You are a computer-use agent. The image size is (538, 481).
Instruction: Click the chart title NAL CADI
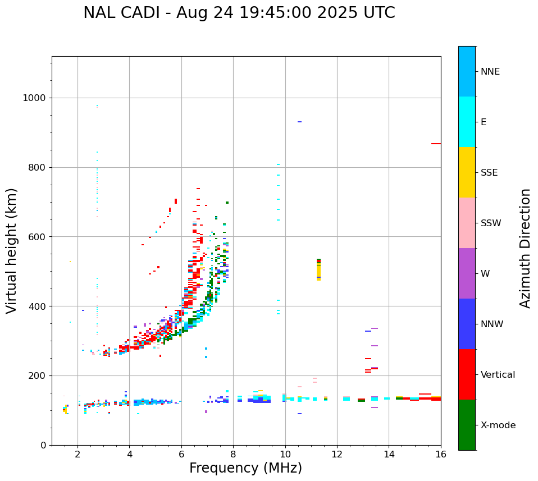pos(239,13)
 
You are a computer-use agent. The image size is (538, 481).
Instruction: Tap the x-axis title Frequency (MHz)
pos(245,468)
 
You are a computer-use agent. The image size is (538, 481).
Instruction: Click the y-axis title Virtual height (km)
pos(12,250)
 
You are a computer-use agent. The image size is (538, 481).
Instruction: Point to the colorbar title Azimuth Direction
pos(525,248)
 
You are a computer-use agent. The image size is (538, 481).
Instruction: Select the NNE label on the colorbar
pos(490,72)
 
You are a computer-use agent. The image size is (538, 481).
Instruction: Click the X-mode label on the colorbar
pos(498,425)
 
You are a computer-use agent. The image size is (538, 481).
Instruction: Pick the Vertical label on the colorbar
pos(498,375)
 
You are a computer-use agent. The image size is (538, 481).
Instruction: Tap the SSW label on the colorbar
pos(491,223)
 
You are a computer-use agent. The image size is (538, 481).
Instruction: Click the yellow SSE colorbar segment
pos(467,172)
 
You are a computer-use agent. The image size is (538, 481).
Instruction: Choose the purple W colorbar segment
pos(467,273)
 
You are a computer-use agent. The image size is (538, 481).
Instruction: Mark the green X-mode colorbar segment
pos(467,425)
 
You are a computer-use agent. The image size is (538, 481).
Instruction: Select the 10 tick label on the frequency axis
pos(285,453)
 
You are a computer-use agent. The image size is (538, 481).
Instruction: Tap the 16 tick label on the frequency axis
pos(441,453)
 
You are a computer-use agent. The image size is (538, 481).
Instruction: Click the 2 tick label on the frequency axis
pos(77,453)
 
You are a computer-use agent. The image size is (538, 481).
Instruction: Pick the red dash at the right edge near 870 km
pos(436,144)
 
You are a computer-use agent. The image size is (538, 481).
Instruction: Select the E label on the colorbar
pos(484,122)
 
